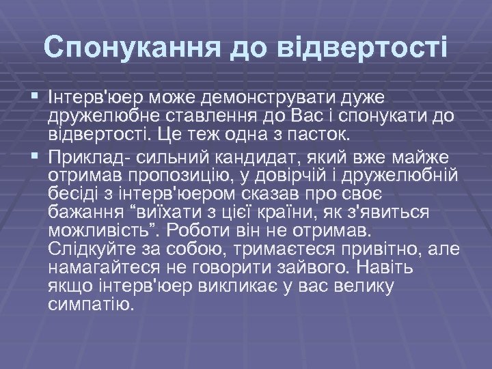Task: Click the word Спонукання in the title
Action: [131, 48]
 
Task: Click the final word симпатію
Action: [92, 301]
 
